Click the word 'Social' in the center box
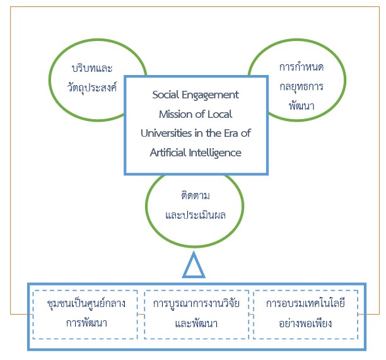pos(166,95)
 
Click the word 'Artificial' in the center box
pos(170,152)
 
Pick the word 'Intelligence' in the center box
pos(218,152)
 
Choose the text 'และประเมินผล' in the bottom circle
pos(195,214)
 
